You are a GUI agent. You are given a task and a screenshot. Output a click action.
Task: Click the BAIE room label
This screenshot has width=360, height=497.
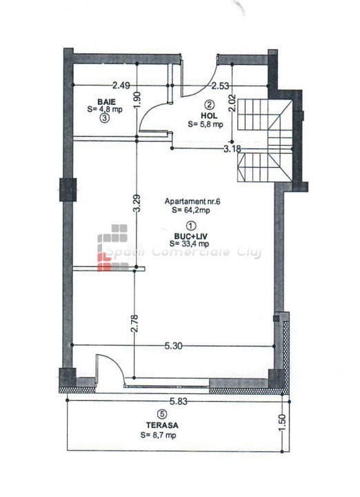pos(106,102)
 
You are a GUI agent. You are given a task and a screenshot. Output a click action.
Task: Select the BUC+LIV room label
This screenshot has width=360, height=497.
pos(188,236)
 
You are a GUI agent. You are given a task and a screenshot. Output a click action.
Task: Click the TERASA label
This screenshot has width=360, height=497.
pos(162,425)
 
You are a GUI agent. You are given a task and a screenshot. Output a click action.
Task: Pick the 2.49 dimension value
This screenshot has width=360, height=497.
pos(121,86)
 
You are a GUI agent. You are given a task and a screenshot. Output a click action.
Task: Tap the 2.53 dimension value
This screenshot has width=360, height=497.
pos(221,86)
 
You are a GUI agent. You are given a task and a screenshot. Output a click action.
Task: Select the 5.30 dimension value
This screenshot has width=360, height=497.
pos(174,346)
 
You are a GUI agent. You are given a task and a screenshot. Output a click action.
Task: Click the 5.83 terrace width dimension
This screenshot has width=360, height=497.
pos(179,402)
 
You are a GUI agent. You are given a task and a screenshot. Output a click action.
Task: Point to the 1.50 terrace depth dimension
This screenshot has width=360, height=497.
pos(283,423)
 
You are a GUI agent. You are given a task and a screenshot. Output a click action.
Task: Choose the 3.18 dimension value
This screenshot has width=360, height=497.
pos(232,148)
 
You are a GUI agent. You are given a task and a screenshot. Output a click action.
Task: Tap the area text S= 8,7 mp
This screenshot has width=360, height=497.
pos(159,436)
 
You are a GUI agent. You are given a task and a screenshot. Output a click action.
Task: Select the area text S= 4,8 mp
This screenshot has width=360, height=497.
pos(105,109)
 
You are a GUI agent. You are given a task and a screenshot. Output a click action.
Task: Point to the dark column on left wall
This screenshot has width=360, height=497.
pos(68,190)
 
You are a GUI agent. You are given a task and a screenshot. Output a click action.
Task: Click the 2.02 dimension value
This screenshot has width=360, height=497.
pos(232,103)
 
